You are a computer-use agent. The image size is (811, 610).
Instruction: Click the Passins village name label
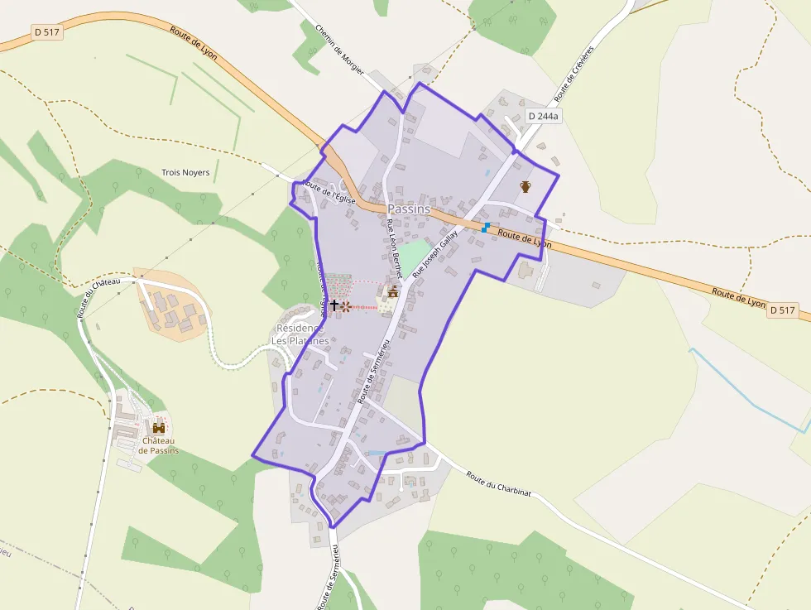tap(409, 209)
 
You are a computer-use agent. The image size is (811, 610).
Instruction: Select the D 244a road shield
tap(544, 117)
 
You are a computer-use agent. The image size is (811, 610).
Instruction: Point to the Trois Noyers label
tap(185, 173)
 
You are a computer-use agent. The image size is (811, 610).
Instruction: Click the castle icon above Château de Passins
tap(158, 428)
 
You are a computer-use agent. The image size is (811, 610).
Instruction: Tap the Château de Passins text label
tap(158, 445)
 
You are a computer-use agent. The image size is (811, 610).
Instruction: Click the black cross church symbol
tap(334, 305)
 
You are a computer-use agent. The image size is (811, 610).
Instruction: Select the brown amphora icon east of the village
tap(525, 186)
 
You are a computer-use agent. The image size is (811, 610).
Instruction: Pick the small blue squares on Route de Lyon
tap(486, 227)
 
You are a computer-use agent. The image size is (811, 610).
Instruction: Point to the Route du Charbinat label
tap(498, 483)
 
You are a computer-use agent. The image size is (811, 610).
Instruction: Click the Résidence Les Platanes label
tap(301, 334)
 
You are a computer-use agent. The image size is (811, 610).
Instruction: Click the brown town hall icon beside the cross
tap(393, 291)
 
